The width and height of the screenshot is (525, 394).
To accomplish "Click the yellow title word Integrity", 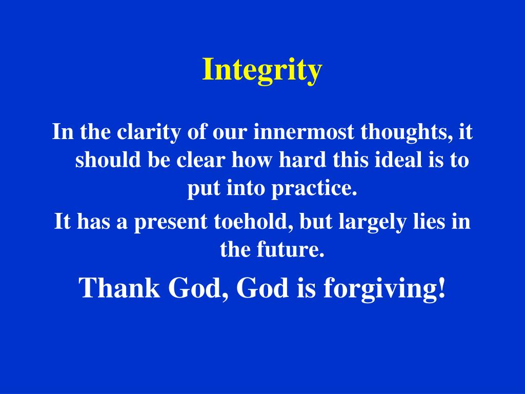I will tap(262, 70).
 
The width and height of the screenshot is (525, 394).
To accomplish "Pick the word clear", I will tap(201, 161).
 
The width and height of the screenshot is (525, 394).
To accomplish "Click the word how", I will tap(252, 161).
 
